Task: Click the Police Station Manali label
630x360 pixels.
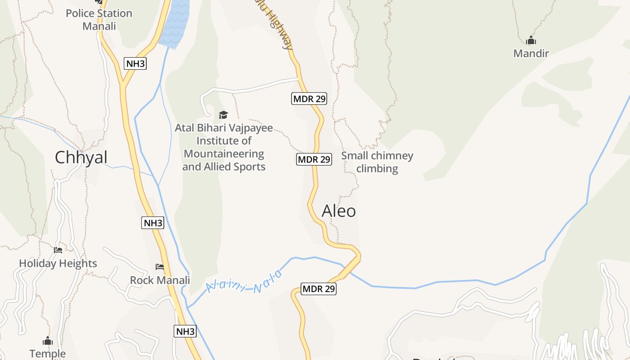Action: pos(99,20)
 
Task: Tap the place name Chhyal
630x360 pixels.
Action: pos(81,157)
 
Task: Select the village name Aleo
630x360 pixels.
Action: pos(339,211)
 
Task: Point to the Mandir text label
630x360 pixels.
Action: pos(531,54)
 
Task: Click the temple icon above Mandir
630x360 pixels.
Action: pos(531,40)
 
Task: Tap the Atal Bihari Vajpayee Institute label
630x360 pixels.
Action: pos(224,147)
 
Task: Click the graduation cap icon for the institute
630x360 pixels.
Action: pos(223,115)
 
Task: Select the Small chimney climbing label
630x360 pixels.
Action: pos(377,162)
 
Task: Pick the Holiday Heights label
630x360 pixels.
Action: pos(58,263)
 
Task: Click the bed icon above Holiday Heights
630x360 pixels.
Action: pos(58,250)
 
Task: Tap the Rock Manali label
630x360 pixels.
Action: pos(160,280)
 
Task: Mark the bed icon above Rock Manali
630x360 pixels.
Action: pos(160,267)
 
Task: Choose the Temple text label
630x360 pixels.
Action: pos(48,354)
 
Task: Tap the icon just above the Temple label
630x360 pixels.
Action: pos(48,341)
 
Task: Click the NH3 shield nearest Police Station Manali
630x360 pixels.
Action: pos(135,63)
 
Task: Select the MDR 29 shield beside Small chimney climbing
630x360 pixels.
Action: pos(314,159)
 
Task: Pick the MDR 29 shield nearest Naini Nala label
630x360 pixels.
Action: pos(319,289)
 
